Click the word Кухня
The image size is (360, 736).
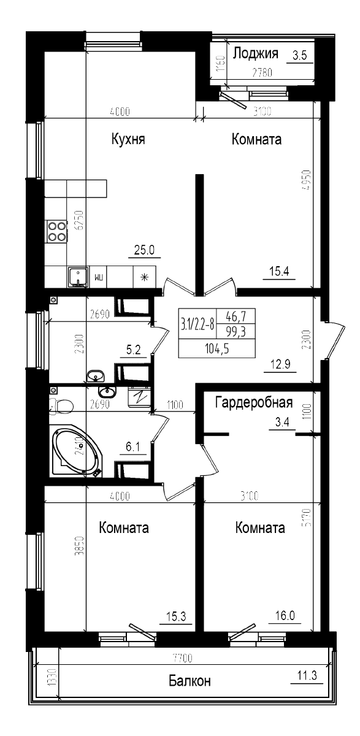tap(128, 139)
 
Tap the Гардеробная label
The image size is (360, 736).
tap(254, 403)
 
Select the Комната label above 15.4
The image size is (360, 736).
tap(256, 139)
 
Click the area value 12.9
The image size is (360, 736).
tap(280, 366)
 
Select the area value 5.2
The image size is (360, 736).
tap(134, 351)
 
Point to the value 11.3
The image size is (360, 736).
tap(306, 676)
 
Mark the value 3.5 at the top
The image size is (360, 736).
tap(299, 56)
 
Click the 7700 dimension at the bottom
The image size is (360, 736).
tap(182, 658)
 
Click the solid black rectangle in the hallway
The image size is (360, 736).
tap(216, 333)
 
